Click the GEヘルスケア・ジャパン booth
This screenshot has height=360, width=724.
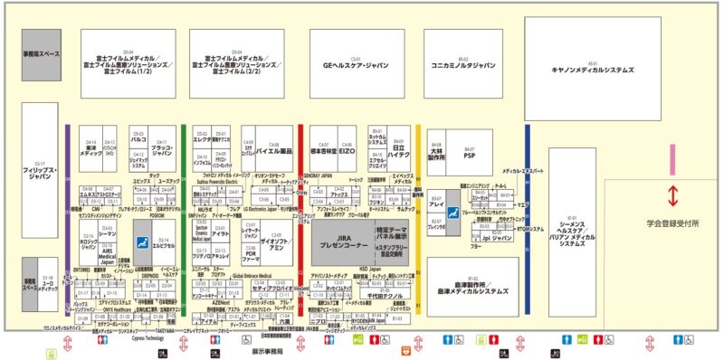point(348,65)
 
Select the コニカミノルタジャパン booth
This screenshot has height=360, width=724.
point(463,65)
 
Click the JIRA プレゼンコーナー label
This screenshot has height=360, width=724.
point(337,240)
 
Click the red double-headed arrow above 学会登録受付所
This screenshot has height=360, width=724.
point(673,196)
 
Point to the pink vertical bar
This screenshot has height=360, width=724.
point(672,159)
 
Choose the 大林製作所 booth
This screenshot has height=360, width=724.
point(437,155)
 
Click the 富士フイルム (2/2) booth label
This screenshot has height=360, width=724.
point(237,65)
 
